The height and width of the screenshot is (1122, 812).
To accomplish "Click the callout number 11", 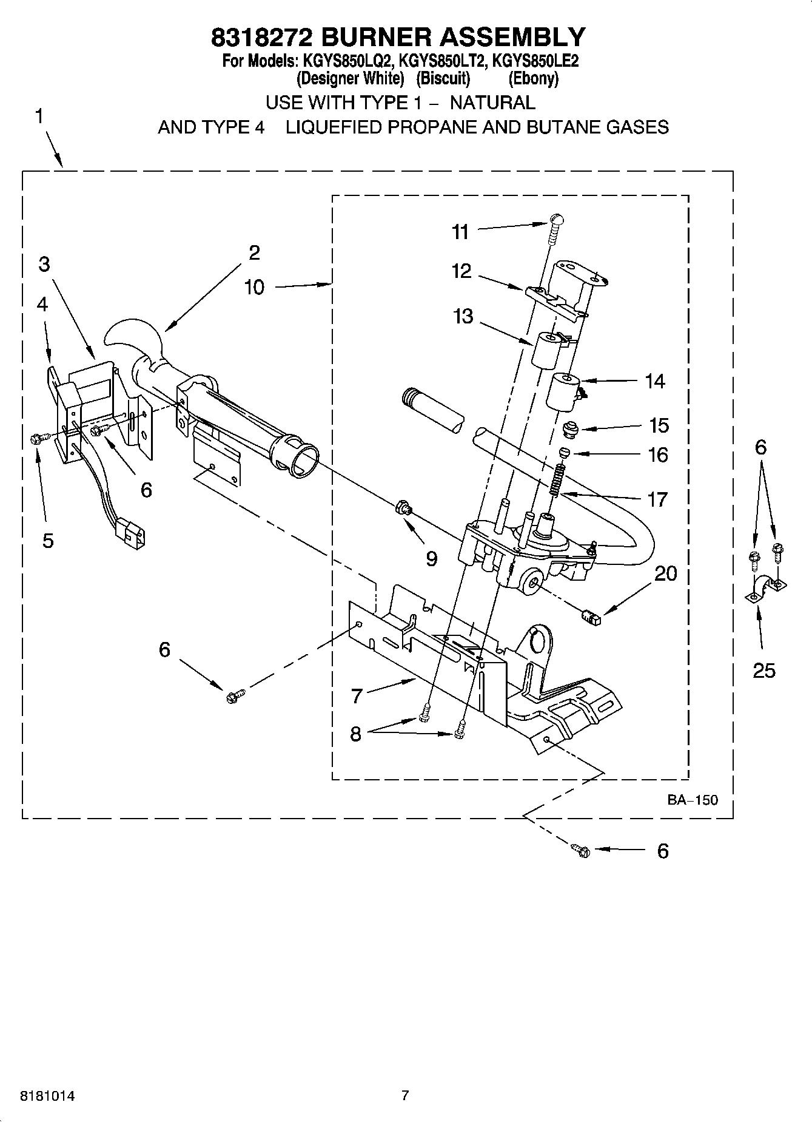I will (460, 232).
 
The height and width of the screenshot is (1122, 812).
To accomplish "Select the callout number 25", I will (763, 670).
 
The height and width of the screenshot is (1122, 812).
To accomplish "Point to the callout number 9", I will (431, 558).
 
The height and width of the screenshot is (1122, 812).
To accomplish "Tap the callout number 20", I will (665, 573).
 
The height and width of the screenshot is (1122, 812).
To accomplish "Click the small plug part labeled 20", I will (591, 618).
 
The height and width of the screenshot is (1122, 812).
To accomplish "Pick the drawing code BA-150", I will (693, 800).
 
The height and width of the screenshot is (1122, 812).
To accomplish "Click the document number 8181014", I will (48, 1096).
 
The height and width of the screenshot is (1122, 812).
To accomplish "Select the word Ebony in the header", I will (533, 79).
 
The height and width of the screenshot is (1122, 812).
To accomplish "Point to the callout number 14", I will (654, 381).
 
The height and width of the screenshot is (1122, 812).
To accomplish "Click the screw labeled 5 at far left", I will (36, 438).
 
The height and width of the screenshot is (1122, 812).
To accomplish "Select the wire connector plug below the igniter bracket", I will (132, 533).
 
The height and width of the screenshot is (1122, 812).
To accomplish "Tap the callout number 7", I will (357, 696).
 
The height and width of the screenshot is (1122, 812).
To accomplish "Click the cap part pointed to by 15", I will (570, 429).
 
